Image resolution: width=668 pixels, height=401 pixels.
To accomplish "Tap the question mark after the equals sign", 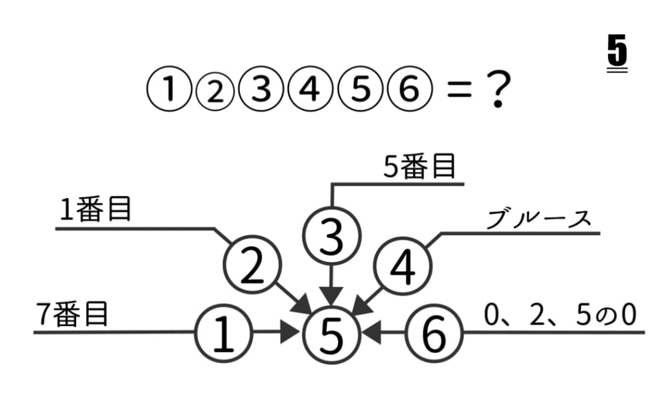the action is (497, 90).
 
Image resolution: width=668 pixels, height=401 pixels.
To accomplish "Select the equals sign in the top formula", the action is (460, 91).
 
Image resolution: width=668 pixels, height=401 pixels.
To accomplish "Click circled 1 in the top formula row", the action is (169, 90).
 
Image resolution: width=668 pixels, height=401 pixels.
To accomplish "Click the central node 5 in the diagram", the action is (332, 335).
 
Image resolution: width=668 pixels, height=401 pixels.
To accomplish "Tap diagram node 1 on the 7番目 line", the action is (224, 333).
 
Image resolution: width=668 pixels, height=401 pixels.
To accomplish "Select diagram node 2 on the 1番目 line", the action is (253, 265).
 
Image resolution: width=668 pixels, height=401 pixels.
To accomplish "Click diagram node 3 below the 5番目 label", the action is (332, 236).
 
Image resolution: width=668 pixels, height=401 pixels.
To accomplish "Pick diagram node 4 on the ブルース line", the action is (403, 267).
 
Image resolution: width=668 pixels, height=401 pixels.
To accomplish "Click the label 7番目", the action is (72, 315).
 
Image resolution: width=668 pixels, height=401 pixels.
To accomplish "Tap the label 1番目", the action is (95, 209).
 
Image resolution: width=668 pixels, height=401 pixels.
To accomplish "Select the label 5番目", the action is (420, 166).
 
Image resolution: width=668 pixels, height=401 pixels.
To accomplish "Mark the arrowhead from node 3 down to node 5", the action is (332, 297).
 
